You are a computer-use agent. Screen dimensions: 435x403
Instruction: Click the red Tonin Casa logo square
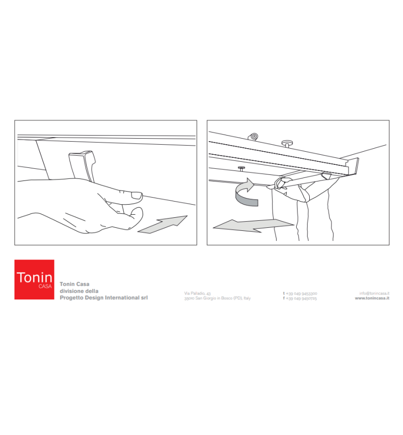tap(34, 279)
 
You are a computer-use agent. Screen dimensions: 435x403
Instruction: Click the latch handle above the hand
tap(83, 166)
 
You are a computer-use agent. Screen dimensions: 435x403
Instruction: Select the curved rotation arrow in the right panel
tap(244, 194)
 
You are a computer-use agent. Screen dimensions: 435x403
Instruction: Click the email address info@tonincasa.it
tap(374, 293)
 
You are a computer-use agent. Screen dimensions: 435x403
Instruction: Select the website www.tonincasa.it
tap(372, 298)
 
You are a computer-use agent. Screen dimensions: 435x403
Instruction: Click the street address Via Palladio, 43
tap(197, 293)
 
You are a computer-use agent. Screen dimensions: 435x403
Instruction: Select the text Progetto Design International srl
tap(104, 298)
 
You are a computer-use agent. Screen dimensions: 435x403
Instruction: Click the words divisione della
tap(79, 291)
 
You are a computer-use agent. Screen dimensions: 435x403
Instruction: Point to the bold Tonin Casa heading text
tap(74, 284)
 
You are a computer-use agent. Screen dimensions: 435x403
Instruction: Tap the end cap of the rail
tap(352, 166)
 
